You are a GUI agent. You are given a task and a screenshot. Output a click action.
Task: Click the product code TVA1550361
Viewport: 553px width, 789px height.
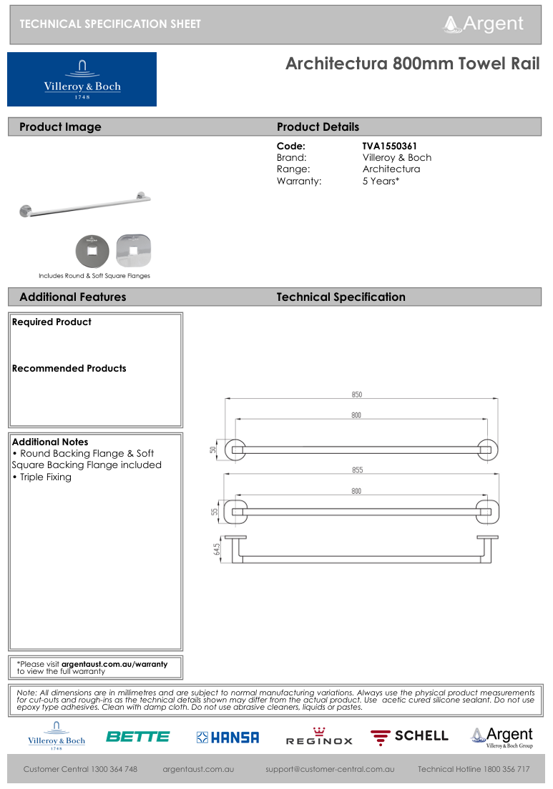pos(389,146)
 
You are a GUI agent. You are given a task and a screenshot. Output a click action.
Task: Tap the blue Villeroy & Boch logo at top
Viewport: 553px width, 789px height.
pos(82,79)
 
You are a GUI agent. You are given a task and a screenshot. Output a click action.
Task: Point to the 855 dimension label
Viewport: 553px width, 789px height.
pos(356,470)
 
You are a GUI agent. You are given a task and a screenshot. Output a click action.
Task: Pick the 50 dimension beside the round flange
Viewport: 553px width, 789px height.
pos(212,450)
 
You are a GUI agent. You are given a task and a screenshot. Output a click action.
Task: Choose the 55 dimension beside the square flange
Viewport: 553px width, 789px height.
pos(212,512)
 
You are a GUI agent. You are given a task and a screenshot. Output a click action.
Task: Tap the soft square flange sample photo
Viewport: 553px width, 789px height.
pos(133,251)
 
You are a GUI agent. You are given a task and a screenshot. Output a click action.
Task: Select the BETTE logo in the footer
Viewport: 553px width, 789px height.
pos(138,737)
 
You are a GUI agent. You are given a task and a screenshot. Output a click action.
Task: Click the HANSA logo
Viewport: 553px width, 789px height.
pos(227,738)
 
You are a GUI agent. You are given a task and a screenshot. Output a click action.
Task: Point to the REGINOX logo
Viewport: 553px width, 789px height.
pos(319,737)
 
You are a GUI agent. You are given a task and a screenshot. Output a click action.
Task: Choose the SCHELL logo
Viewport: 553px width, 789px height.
pos(409,736)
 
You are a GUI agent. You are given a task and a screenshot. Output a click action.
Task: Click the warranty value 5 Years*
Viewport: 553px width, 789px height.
pos(381,182)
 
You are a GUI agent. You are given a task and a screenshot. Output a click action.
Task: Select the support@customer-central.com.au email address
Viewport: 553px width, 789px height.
pos(330,770)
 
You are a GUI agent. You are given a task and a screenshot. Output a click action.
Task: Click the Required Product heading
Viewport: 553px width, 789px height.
pos(52,322)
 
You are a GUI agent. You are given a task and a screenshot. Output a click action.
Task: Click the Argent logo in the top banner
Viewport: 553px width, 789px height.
pos(484,24)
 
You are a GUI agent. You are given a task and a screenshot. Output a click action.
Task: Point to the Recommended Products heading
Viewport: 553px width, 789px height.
pos(69,369)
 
